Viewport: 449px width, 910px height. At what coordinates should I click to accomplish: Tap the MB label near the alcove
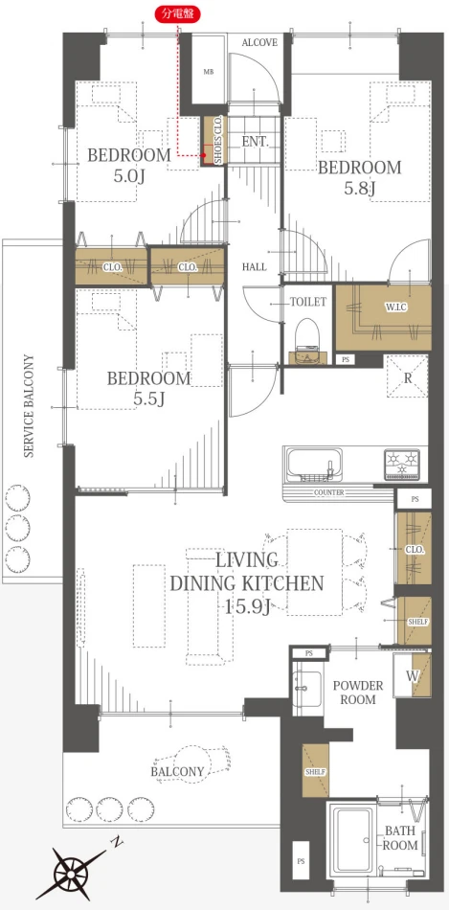pyautogui.click(x=209, y=72)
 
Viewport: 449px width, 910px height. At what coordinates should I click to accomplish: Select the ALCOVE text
pyautogui.click(x=259, y=42)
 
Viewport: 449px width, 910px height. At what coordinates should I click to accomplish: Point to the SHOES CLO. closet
pyautogui.click(x=212, y=142)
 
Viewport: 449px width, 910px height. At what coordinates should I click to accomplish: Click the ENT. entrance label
pyautogui.click(x=255, y=141)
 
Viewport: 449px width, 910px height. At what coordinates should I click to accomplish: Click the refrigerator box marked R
pyautogui.click(x=407, y=378)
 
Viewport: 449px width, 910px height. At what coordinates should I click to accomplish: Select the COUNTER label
pyautogui.click(x=329, y=492)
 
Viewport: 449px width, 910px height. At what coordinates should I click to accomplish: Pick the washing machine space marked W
pyautogui.click(x=412, y=674)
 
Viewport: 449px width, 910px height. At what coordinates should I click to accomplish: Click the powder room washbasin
pyautogui.click(x=307, y=690)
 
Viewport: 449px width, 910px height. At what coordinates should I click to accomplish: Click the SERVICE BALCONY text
pyautogui.click(x=29, y=406)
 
